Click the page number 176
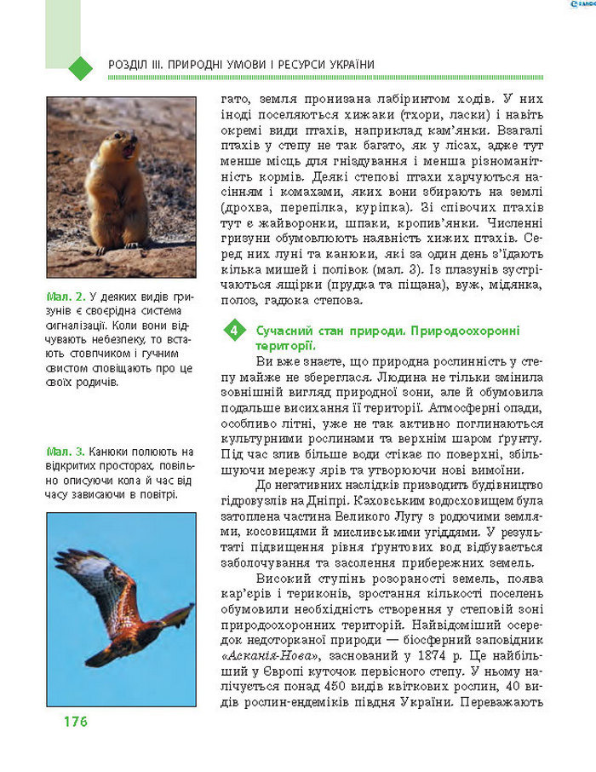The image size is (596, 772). pos(74,722)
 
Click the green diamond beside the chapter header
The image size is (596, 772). pos(79,66)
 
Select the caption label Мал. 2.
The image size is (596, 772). pos(66,297)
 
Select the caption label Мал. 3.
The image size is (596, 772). pos(66,451)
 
